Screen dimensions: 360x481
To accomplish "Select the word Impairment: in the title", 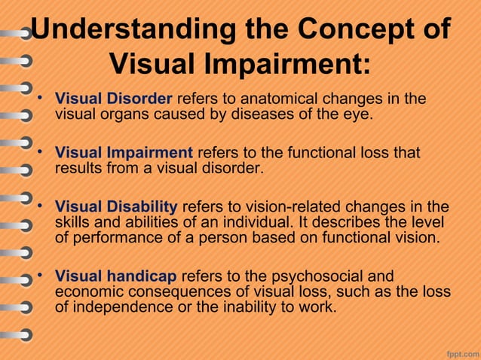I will point(287,63).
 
